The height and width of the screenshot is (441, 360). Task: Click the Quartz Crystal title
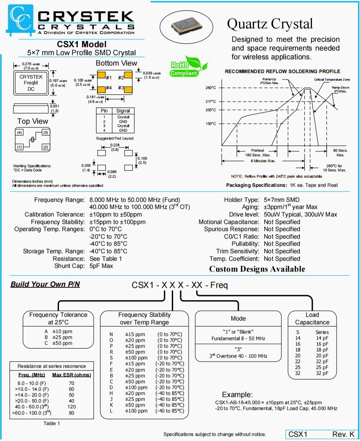270,23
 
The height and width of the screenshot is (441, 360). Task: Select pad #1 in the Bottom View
102,77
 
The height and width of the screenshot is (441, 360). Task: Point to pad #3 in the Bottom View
128,89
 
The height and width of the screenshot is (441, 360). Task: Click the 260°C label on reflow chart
211,88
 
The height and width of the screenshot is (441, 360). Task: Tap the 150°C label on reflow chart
211,124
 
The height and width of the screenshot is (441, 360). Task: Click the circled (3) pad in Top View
45,133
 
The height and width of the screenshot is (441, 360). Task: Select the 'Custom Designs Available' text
257,269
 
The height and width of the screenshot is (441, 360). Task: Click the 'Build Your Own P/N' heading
45,285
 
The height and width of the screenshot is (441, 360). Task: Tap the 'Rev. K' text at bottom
343,435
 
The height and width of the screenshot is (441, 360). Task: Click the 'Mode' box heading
238,319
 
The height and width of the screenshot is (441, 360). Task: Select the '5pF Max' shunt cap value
101,266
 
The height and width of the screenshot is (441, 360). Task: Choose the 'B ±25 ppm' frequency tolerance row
55,337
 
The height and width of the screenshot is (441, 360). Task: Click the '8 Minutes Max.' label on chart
263,161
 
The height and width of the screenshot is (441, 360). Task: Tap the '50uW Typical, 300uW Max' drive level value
300,214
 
